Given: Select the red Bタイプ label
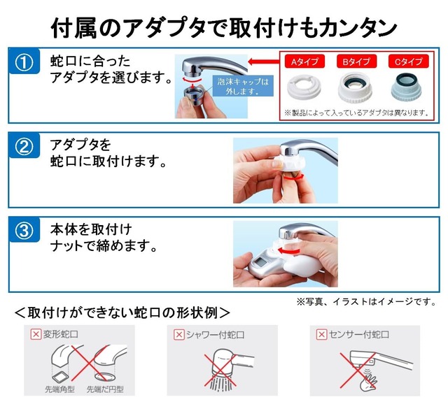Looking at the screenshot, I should (x=356, y=62).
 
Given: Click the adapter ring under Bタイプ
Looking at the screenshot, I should (x=356, y=88).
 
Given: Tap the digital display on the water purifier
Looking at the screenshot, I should (x=262, y=264).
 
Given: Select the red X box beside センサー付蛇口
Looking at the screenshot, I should (x=321, y=334).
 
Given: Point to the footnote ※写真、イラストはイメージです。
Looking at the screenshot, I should (x=366, y=302).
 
